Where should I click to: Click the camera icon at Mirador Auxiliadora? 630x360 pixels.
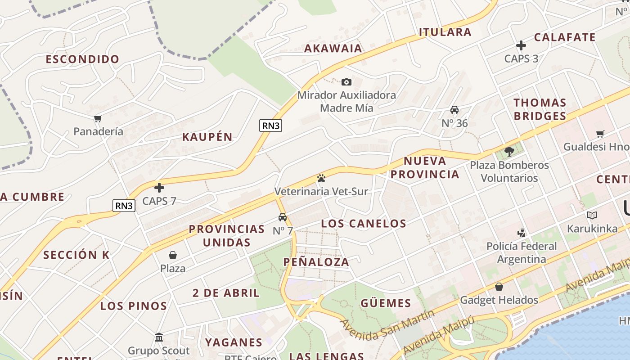coord(346,82)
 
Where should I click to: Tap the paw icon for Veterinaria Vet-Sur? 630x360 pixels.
coord(321,178)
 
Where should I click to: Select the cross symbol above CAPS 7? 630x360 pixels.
coord(159,188)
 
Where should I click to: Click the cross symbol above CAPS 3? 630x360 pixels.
coord(521,45)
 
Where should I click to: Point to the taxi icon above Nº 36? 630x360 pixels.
coord(454,110)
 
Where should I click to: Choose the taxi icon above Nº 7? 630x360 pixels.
coord(283,217)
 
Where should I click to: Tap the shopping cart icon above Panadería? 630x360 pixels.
coord(98,118)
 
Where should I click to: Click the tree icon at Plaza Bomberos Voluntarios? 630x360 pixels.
coord(509,151)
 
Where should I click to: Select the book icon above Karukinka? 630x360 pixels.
coord(592,215)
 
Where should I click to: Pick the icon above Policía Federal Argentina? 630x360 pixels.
coord(521,233)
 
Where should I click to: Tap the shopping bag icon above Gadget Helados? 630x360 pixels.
coord(499,287)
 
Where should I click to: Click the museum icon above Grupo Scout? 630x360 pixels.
coord(159,337)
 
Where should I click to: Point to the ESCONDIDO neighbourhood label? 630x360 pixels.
coord(82,59)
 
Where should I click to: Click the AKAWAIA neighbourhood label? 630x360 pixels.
coord(333,49)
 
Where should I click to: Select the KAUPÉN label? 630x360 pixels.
coord(207,137)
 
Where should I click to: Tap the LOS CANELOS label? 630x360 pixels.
coord(364,223)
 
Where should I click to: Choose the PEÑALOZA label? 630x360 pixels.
coord(316,262)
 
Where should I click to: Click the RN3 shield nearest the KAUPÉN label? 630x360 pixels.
coord(271,126)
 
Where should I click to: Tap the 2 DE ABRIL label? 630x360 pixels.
coord(226,293)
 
